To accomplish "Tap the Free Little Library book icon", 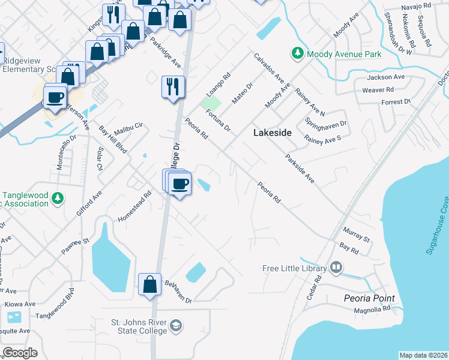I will pyautogui.click(x=336, y=268).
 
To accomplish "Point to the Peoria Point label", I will pyautogui.click(x=369, y=298).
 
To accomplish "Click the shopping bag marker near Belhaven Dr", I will pyautogui.click(x=149, y=285).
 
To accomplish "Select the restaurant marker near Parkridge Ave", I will pyautogui.click(x=172, y=87).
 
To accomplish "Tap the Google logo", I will pyautogui.click(x=20, y=353).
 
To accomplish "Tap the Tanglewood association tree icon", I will pyautogui.click(x=57, y=198).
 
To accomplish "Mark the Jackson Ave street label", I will pyautogui.click(x=386, y=77).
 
